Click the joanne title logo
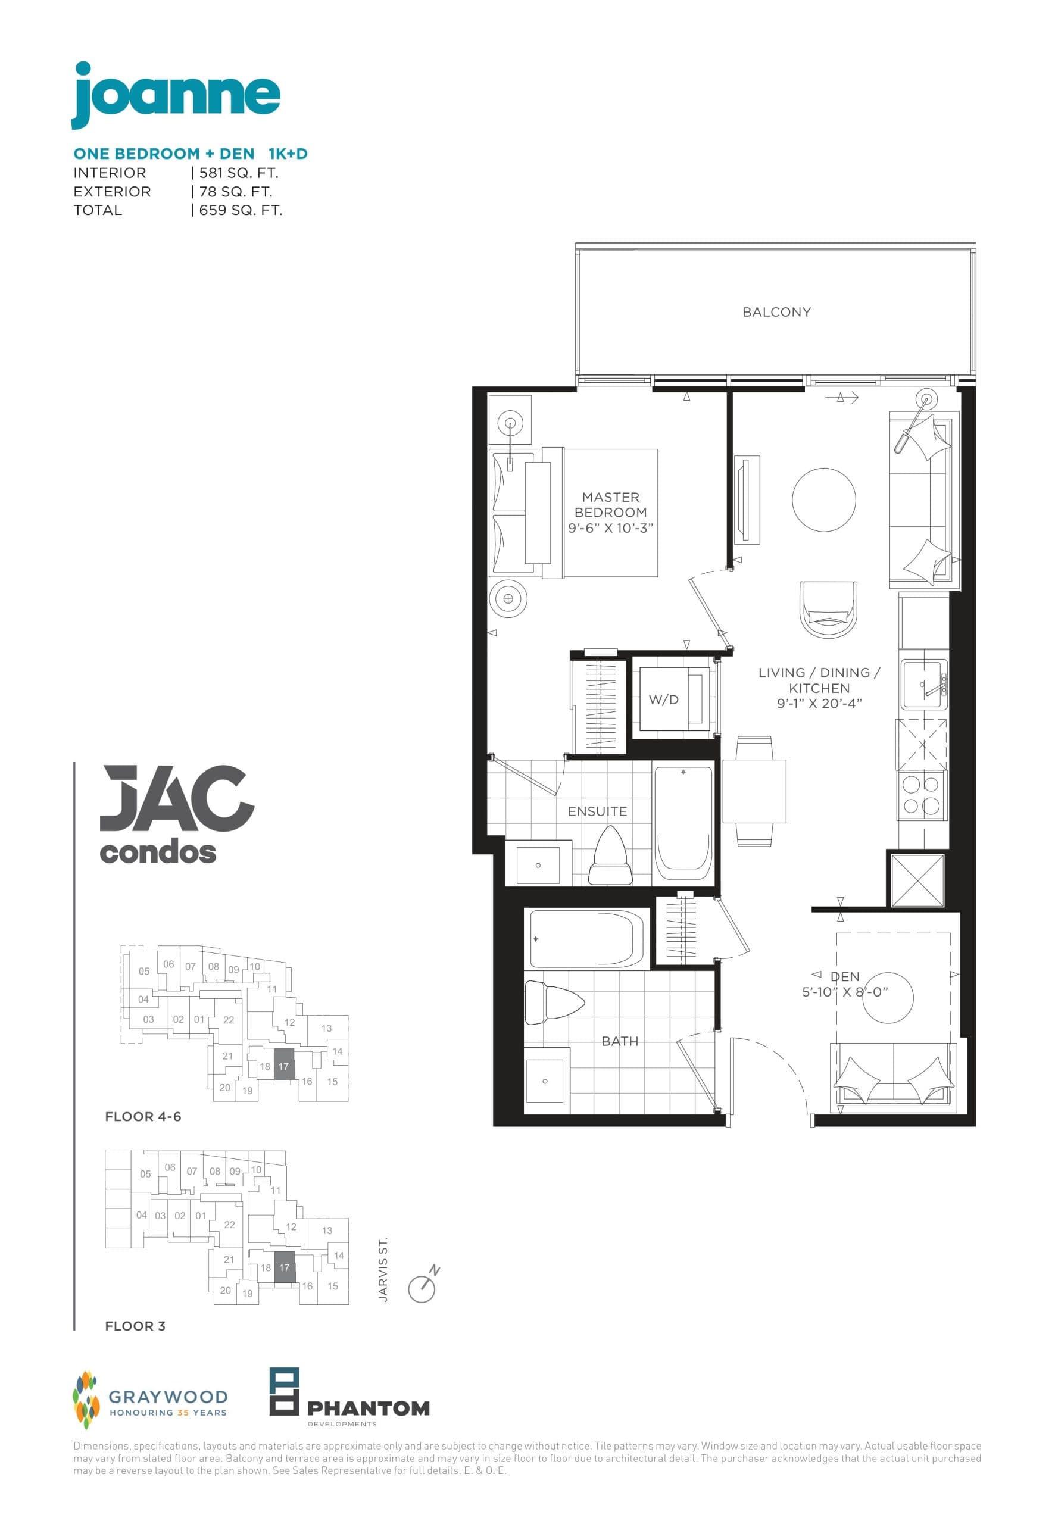176,96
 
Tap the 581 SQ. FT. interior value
239,173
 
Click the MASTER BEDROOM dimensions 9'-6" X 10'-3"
610,528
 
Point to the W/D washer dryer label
663,699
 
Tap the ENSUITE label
597,811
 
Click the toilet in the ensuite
610,857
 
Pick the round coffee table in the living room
823,499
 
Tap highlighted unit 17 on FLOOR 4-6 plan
283,1066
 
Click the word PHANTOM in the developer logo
368,1409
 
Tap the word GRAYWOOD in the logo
168,1397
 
